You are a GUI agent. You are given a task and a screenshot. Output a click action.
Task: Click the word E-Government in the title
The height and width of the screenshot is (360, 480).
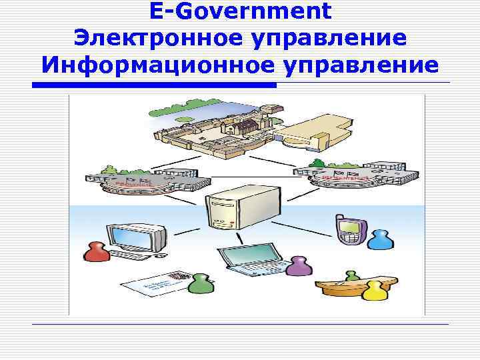point(240,11)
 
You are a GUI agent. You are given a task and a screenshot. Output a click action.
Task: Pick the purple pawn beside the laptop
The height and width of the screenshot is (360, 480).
point(298,266)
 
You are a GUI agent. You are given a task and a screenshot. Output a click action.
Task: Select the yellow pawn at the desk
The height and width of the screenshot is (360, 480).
point(374,291)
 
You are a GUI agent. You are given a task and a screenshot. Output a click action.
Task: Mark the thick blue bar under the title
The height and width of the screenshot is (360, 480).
point(154,85)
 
